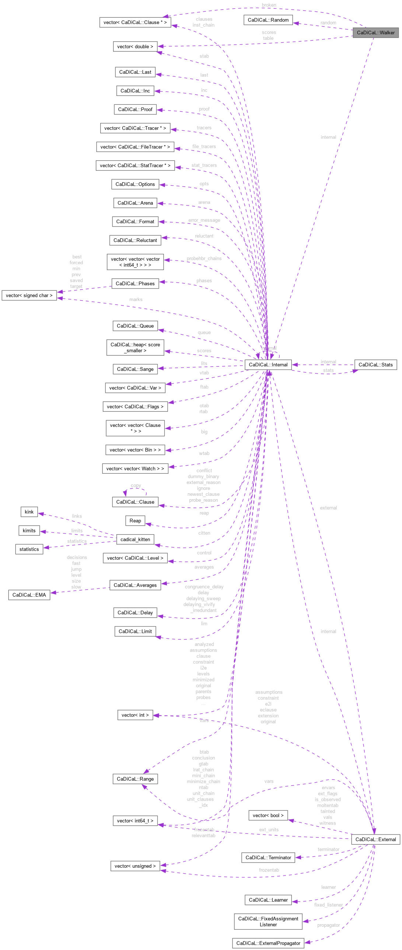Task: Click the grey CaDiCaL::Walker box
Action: point(375,32)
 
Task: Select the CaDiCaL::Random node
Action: point(268,20)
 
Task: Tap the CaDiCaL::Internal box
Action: point(268,365)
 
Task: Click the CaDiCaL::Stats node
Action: point(375,365)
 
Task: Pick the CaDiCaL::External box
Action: point(375,839)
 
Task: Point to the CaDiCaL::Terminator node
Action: point(268,857)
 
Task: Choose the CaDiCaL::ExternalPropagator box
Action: point(268,943)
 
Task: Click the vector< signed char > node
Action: point(29,295)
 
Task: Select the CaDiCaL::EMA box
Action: point(29,595)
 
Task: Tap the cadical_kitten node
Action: point(135,539)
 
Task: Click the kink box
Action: point(29,512)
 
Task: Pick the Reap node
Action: point(135,521)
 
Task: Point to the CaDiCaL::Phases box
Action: point(135,283)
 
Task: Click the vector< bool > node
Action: point(268,815)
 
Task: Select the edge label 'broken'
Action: point(269,5)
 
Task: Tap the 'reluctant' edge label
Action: point(204,236)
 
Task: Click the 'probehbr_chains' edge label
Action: point(204,258)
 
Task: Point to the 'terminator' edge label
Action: point(328,849)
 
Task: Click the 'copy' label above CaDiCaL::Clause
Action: point(136,486)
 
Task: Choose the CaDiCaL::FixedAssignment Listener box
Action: point(268,922)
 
